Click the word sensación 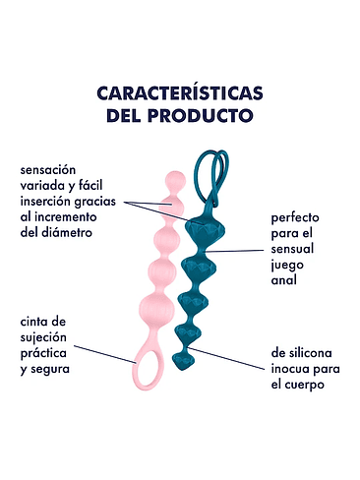coord(48,169)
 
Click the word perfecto coord(297,215)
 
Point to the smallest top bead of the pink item coord(173,180)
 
